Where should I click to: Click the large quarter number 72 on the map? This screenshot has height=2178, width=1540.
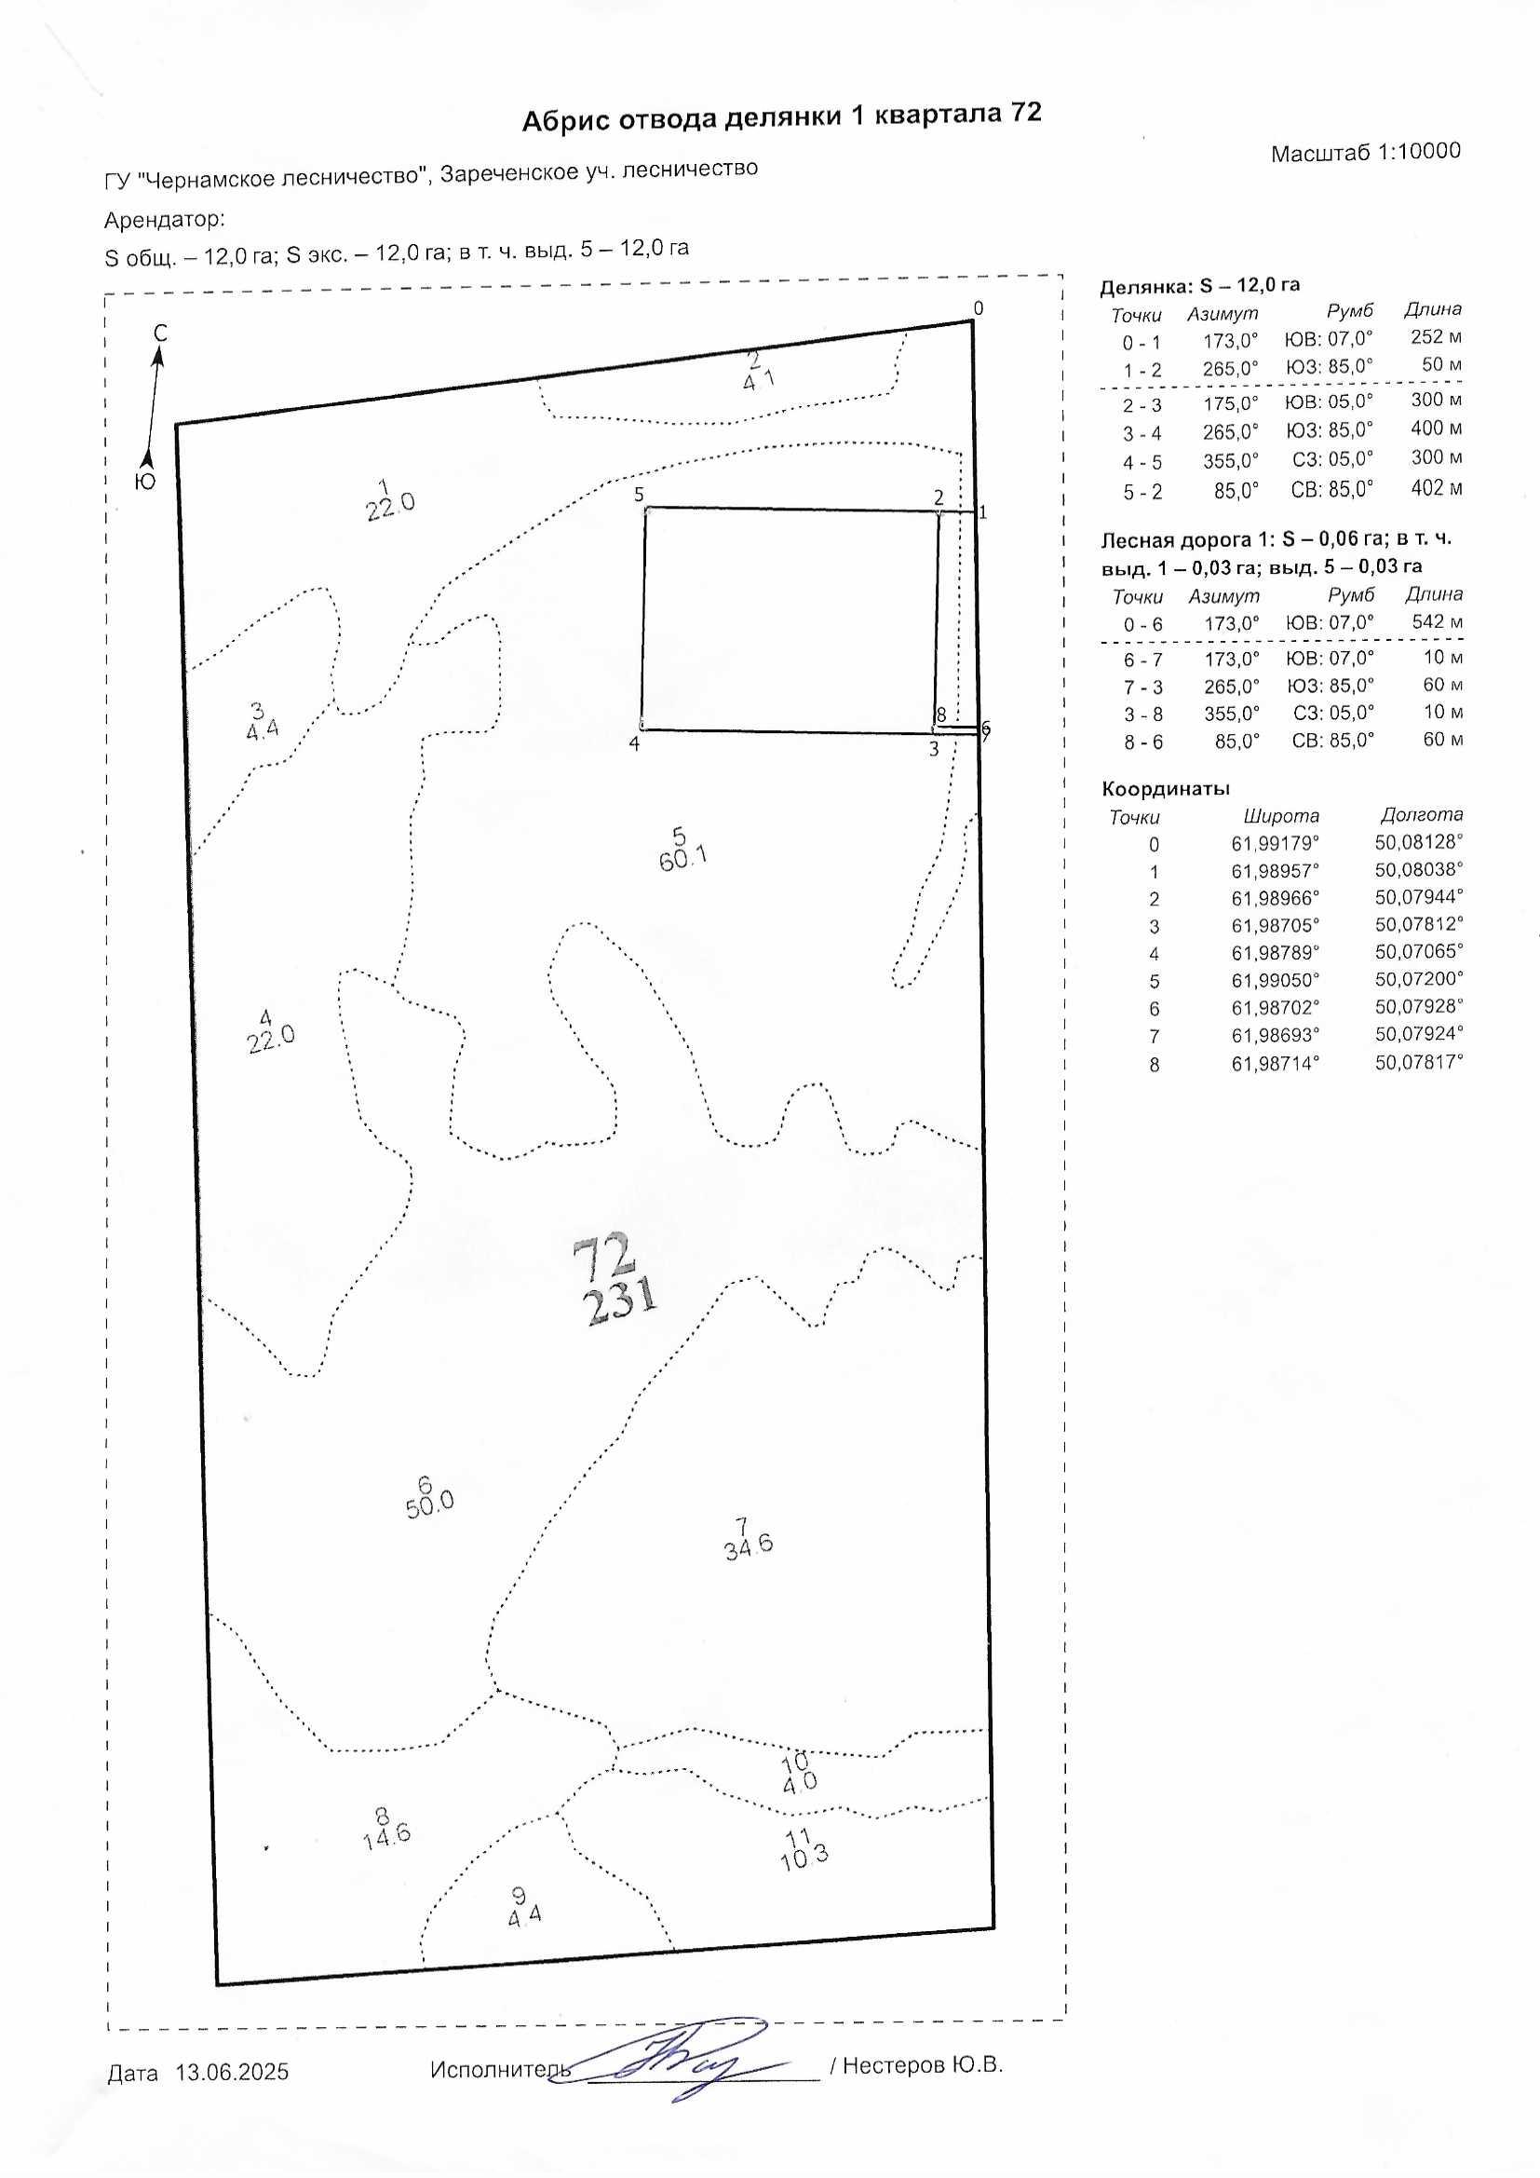pyautogui.click(x=603, y=1256)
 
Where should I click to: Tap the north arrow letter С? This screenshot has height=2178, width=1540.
pyautogui.click(x=160, y=333)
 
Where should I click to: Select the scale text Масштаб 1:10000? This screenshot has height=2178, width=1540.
pyautogui.click(x=1366, y=152)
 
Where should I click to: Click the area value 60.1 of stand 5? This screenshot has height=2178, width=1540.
pyautogui.click(x=682, y=860)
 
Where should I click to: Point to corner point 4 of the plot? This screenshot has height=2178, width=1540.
pyautogui.click(x=643, y=728)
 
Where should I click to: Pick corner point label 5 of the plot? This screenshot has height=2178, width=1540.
pyautogui.click(x=639, y=495)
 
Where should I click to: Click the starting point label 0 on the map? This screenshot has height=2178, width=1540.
pyautogui.click(x=979, y=308)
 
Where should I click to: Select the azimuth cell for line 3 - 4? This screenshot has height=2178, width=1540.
pyautogui.click(x=1231, y=432)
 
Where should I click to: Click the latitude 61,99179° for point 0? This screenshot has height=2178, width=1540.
pyautogui.click(x=1275, y=843)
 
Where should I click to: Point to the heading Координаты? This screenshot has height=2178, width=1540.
pyautogui.click(x=1166, y=788)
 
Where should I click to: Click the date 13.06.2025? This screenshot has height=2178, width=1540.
pyautogui.click(x=233, y=2072)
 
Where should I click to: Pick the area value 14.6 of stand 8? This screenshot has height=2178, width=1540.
pyautogui.click(x=386, y=1833)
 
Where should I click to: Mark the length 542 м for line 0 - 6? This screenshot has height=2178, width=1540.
pyautogui.click(x=1437, y=622)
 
